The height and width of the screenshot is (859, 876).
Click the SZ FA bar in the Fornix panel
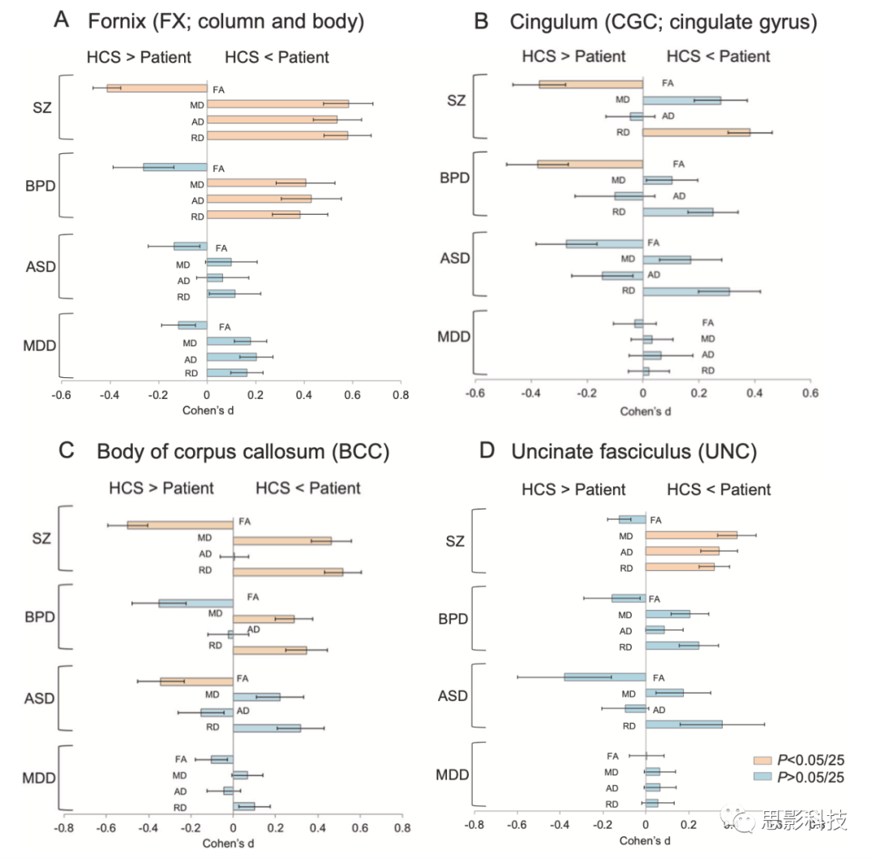point(157,88)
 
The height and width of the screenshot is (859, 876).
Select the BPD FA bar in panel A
point(175,167)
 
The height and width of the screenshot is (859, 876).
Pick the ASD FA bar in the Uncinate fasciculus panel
point(605,676)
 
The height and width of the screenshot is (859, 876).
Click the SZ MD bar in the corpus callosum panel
point(282,540)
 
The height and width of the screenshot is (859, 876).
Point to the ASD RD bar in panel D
point(684,724)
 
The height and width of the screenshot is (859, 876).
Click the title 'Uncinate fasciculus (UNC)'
point(635,452)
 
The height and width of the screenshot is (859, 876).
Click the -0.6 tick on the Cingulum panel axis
point(475,394)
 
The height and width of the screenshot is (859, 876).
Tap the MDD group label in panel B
point(454,337)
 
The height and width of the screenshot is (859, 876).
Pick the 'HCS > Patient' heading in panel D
point(573,489)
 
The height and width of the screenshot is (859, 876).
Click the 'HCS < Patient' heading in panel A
point(277,57)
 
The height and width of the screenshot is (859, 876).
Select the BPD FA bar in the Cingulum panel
point(590,165)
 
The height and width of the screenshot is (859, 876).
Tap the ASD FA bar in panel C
point(197,681)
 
